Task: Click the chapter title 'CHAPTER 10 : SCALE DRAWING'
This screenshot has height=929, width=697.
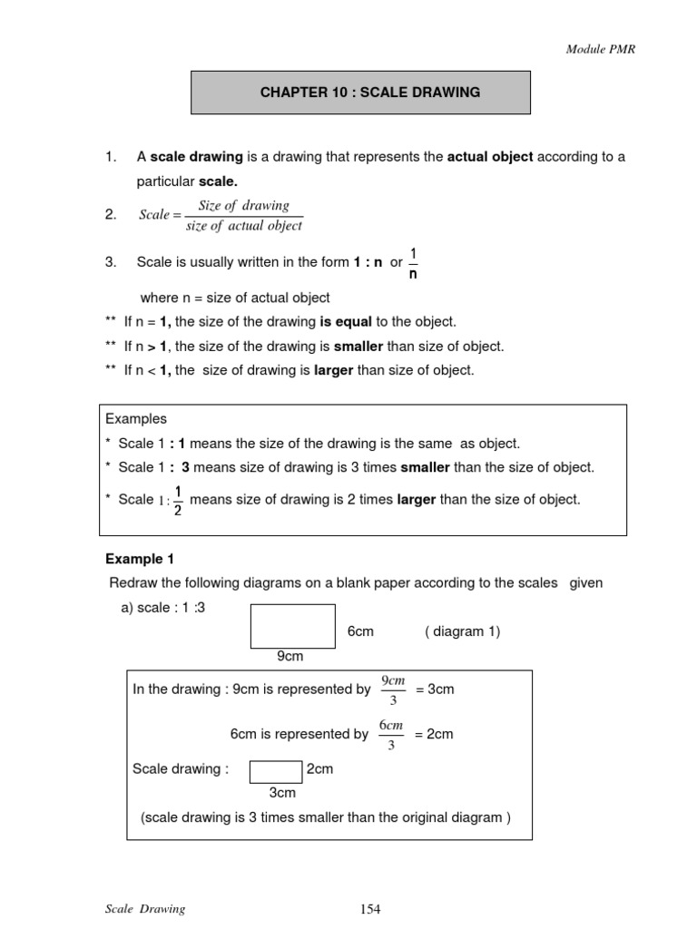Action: coord(360,93)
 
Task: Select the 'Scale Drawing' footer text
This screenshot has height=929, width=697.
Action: coord(145,909)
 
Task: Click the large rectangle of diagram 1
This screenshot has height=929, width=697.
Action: coord(292,626)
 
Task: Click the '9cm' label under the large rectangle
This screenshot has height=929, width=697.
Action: coord(290,656)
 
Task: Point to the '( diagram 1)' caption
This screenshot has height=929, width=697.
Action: coord(462,631)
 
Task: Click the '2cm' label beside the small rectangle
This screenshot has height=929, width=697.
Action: coord(320,769)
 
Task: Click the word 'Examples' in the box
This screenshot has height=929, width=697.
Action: coord(136,419)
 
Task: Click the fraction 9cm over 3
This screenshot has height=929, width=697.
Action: coord(392,689)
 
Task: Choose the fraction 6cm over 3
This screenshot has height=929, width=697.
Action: coord(390,734)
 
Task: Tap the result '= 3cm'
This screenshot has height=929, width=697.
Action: coord(435,689)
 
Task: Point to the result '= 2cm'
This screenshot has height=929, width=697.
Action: coord(434,734)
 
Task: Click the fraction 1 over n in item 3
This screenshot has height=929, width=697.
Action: coord(413,263)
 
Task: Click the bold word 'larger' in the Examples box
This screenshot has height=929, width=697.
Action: coord(417,499)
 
